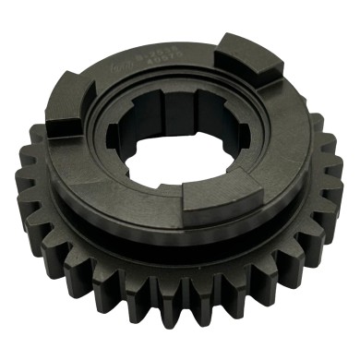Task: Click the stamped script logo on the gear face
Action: [117, 69]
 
